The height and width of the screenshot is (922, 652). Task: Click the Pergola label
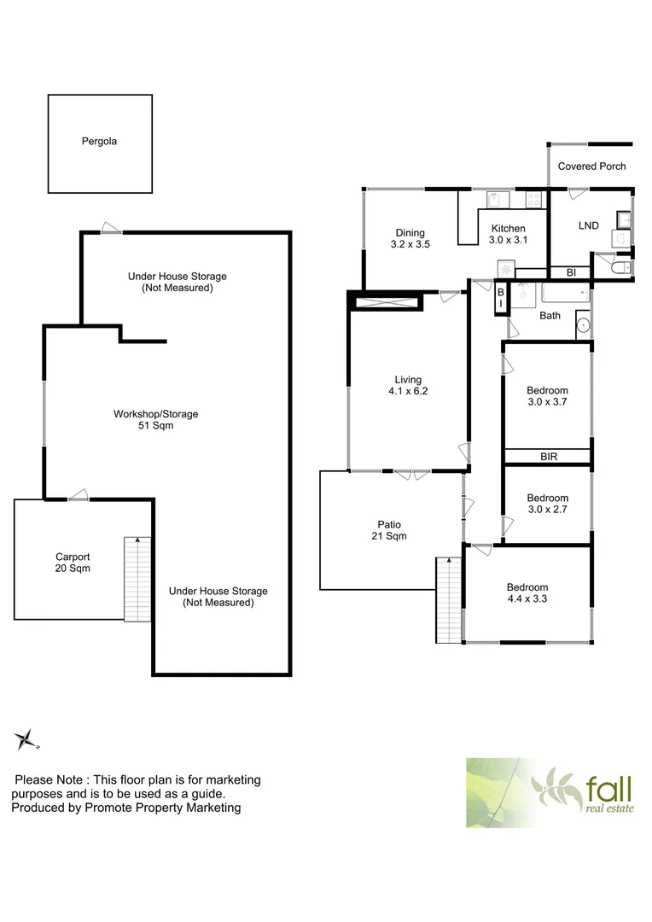[x=99, y=142]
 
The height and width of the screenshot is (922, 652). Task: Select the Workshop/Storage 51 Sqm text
[x=155, y=419]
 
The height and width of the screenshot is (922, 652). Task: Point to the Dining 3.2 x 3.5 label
[x=410, y=238]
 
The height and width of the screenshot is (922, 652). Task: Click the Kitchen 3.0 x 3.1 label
[x=507, y=234]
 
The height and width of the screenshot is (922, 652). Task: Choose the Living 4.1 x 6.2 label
[x=407, y=386]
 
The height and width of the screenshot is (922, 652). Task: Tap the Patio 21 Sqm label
[x=389, y=530]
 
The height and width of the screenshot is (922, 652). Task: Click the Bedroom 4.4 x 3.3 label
[x=527, y=592]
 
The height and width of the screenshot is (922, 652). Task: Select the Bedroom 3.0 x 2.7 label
[x=547, y=503]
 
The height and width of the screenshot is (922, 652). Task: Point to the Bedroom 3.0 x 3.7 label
[x=547, y=397]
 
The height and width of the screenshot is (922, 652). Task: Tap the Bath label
[x=550, y=316]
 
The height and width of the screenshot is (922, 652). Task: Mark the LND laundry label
[x=588, y=225]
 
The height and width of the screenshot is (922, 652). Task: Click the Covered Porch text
[x=591, y=166]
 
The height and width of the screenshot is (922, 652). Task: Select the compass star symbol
[x=27, y=739]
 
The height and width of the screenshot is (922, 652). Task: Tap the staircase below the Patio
[x=447, y=601]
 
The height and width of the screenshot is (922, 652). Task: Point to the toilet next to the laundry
[x=621, y=268]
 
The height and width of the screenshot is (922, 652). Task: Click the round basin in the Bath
[x=583, y=324]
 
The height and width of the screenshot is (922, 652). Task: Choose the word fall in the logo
[x=608, y=784]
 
